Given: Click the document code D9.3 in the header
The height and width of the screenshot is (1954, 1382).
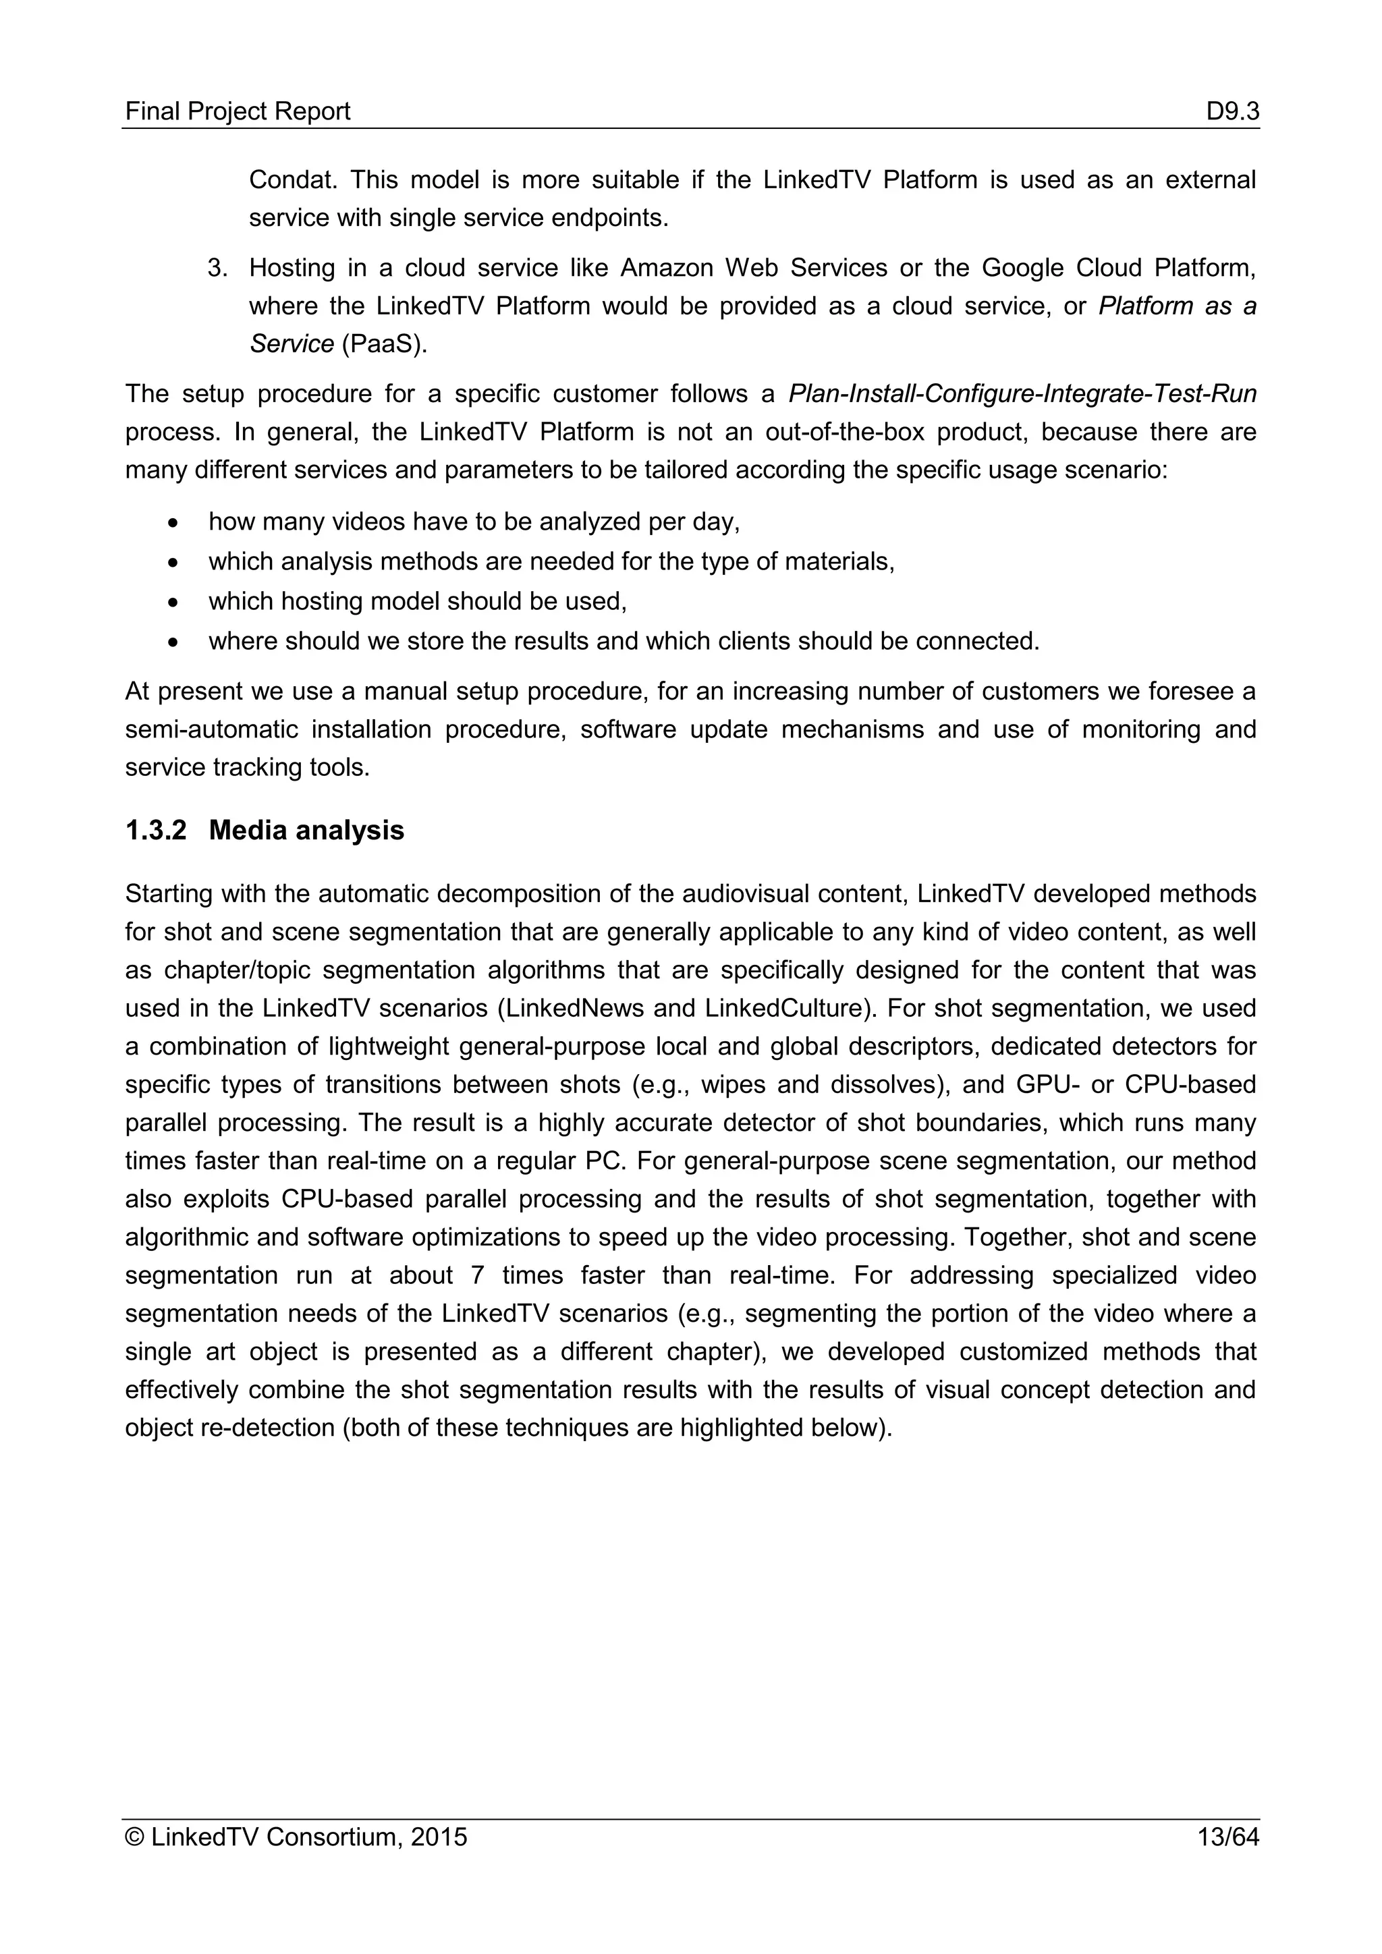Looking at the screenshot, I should (x=1232, y=111).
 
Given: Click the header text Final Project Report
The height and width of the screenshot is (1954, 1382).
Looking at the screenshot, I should (x=238, y=111).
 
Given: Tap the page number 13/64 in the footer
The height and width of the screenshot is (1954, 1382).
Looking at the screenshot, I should (x=1227, y=1837).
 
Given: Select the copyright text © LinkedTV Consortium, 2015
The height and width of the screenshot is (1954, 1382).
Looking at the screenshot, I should (x=296, y=1837).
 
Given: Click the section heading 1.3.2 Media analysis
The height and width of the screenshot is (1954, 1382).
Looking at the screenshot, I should (x=265, y=830).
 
